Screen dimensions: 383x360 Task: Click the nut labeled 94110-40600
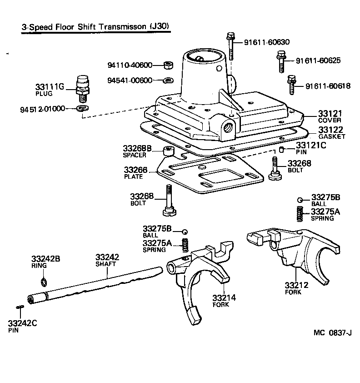click(167, 66)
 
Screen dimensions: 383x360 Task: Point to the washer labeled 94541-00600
click(167, 81)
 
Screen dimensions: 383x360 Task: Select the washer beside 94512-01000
click(83, 108)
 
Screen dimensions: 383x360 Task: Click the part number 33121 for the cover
click(330, 113)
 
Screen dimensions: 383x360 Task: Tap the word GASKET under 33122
click(331, 136)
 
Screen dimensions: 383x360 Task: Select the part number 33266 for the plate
click(135, 170)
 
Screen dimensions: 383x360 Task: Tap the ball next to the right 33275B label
click(300, 200)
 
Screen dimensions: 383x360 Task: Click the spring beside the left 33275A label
click(185, 245)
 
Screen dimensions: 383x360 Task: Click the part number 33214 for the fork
click(224, 298)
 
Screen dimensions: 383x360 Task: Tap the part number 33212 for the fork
click(296, 285)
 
